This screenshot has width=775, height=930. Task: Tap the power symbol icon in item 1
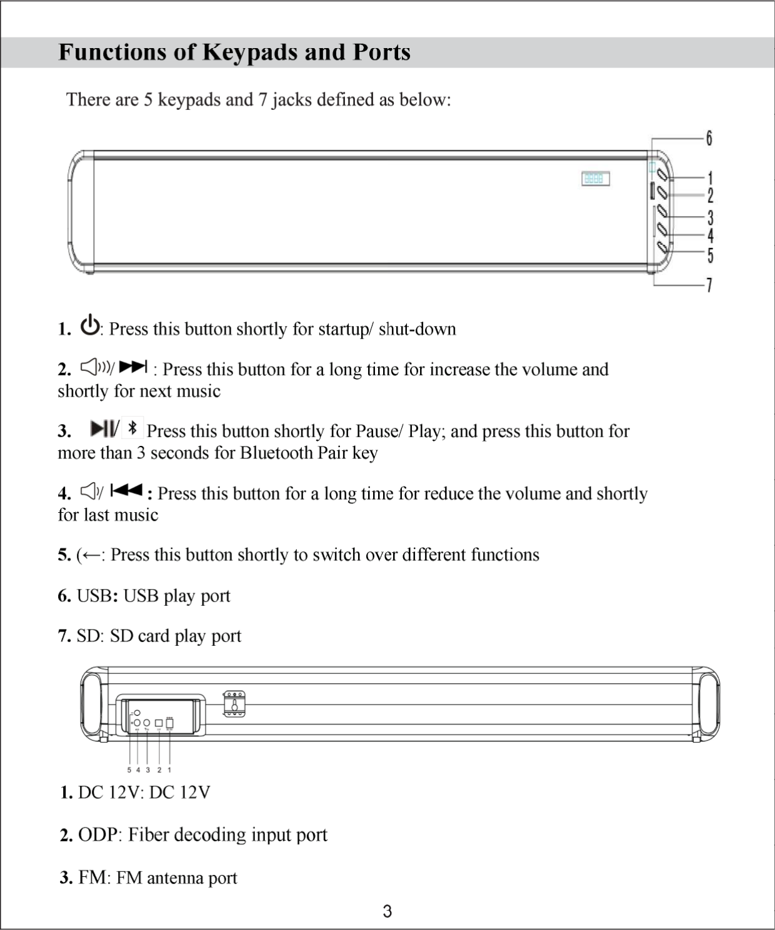click(x=91, y=326)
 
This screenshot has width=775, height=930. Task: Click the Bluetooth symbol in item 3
click(x=132, y=428)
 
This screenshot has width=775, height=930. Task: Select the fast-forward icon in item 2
click(x=133, y=367)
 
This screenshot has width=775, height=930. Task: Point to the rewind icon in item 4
click(x=126, y=491)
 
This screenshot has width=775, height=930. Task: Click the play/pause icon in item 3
click(x=103, y=428)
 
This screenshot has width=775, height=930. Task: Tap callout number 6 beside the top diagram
click(x=709, y=138)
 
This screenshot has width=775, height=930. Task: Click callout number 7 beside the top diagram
click(x=709, y=285)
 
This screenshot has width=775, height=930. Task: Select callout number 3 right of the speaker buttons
click(x=710, y=218)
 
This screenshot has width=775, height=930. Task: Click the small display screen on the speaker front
click(x=595, y=179)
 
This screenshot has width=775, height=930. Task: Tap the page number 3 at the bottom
click(x=387, y=911)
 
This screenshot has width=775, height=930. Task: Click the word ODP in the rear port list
click(x=97, y=835)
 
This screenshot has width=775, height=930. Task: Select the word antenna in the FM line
click(x=174, y=878)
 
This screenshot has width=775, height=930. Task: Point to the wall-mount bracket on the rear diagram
click(x=234, y=704)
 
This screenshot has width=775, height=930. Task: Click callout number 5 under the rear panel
click(x=129, y=770)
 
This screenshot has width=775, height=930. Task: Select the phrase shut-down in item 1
click(x=417, y=329)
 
